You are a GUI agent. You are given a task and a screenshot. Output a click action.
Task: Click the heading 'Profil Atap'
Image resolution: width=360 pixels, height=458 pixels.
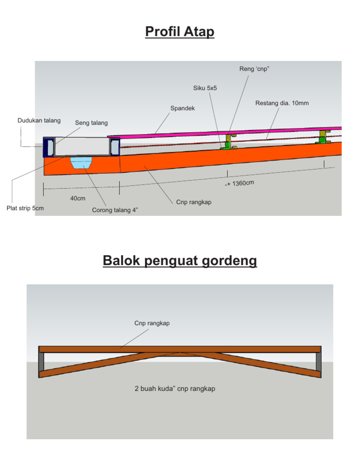point(180,32)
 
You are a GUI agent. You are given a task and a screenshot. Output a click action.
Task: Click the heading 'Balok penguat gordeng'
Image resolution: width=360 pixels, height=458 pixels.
point(180,260)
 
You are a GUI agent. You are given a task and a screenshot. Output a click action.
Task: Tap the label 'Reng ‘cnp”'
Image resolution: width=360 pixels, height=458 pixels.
point(254,69)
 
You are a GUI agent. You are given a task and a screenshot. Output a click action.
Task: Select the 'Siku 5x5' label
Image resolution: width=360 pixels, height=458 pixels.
point(205,88)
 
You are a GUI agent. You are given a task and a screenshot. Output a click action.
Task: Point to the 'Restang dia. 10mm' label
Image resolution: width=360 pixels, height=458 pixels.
point(282,103)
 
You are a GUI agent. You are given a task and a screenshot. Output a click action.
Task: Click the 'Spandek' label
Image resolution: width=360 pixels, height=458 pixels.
point(182,108)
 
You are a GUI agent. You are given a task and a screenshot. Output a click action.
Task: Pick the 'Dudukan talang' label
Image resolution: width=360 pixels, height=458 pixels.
point(39,121)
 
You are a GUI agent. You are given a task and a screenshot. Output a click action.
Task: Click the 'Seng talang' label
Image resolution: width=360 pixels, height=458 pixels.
point(91,123)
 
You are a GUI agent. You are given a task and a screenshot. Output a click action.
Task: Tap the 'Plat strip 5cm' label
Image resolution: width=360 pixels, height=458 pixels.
point(25,208)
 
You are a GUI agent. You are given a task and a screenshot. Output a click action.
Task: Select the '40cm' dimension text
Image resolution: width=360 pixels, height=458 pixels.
point(78,199)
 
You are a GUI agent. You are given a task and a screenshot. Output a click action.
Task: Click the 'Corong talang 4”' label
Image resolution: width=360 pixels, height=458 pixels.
point(115,210)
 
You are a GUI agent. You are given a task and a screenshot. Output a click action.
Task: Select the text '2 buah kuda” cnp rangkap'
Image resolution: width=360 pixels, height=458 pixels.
point(175,389)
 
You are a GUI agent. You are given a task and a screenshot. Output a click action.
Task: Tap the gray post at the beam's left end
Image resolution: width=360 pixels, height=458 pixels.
point(42,361)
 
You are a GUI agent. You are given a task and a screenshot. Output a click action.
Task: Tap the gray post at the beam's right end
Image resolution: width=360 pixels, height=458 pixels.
point(319,361)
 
